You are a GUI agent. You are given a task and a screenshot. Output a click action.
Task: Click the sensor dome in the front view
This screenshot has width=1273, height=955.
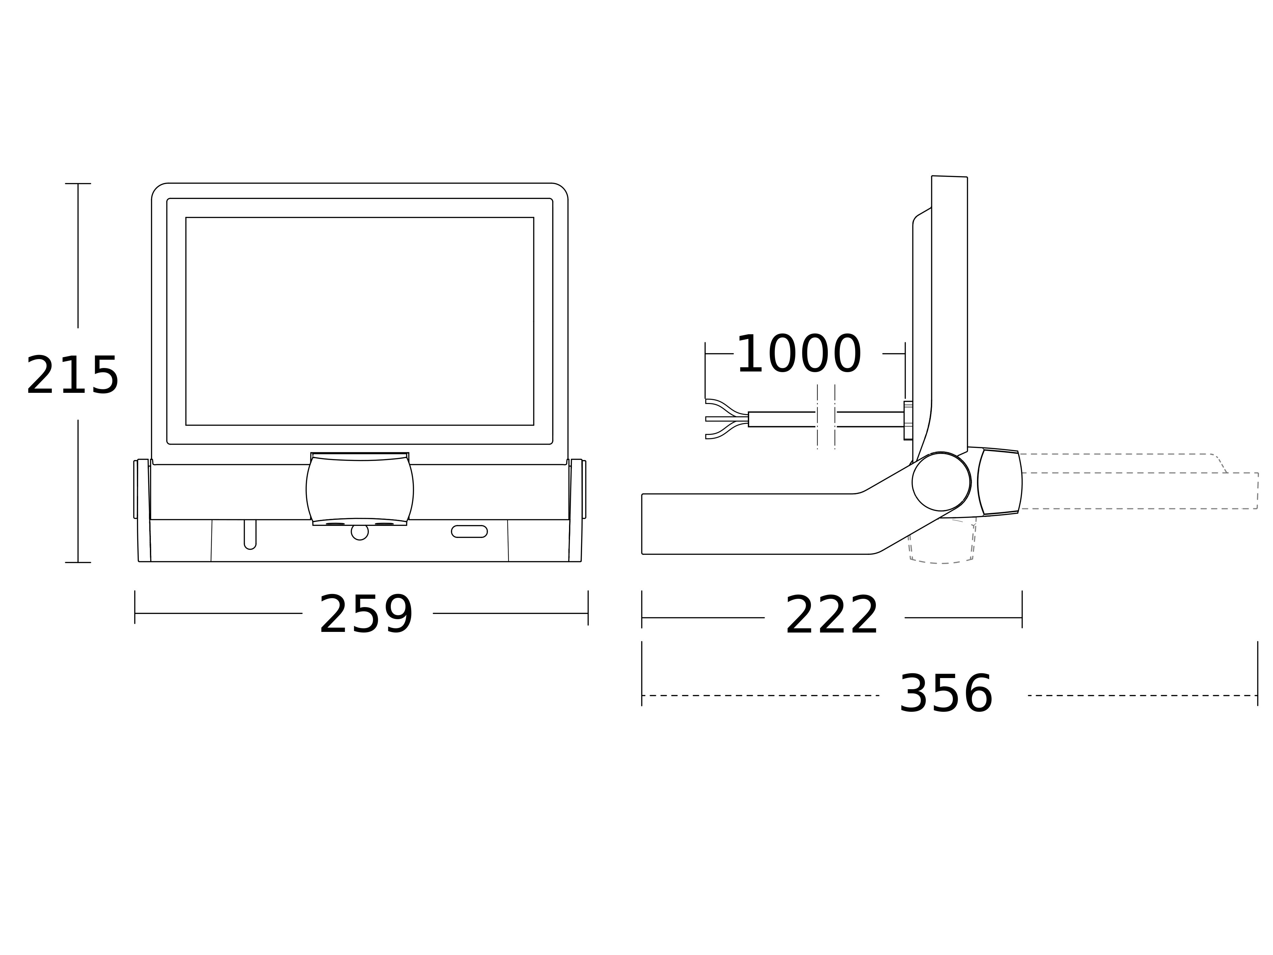(x=360, y=489)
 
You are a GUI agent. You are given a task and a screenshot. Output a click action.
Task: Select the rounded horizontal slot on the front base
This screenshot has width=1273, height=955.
(x=470, y=531)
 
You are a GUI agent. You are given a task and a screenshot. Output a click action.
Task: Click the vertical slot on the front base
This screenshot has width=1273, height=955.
(x=250, y=534)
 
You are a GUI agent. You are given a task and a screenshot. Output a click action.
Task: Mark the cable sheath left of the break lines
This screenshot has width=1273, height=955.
(x=782, y=420)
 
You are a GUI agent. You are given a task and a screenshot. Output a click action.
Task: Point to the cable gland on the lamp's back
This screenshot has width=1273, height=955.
(x=908, y=420)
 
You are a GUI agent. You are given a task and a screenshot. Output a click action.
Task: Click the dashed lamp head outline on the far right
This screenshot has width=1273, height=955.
(x=1139, y=482)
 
